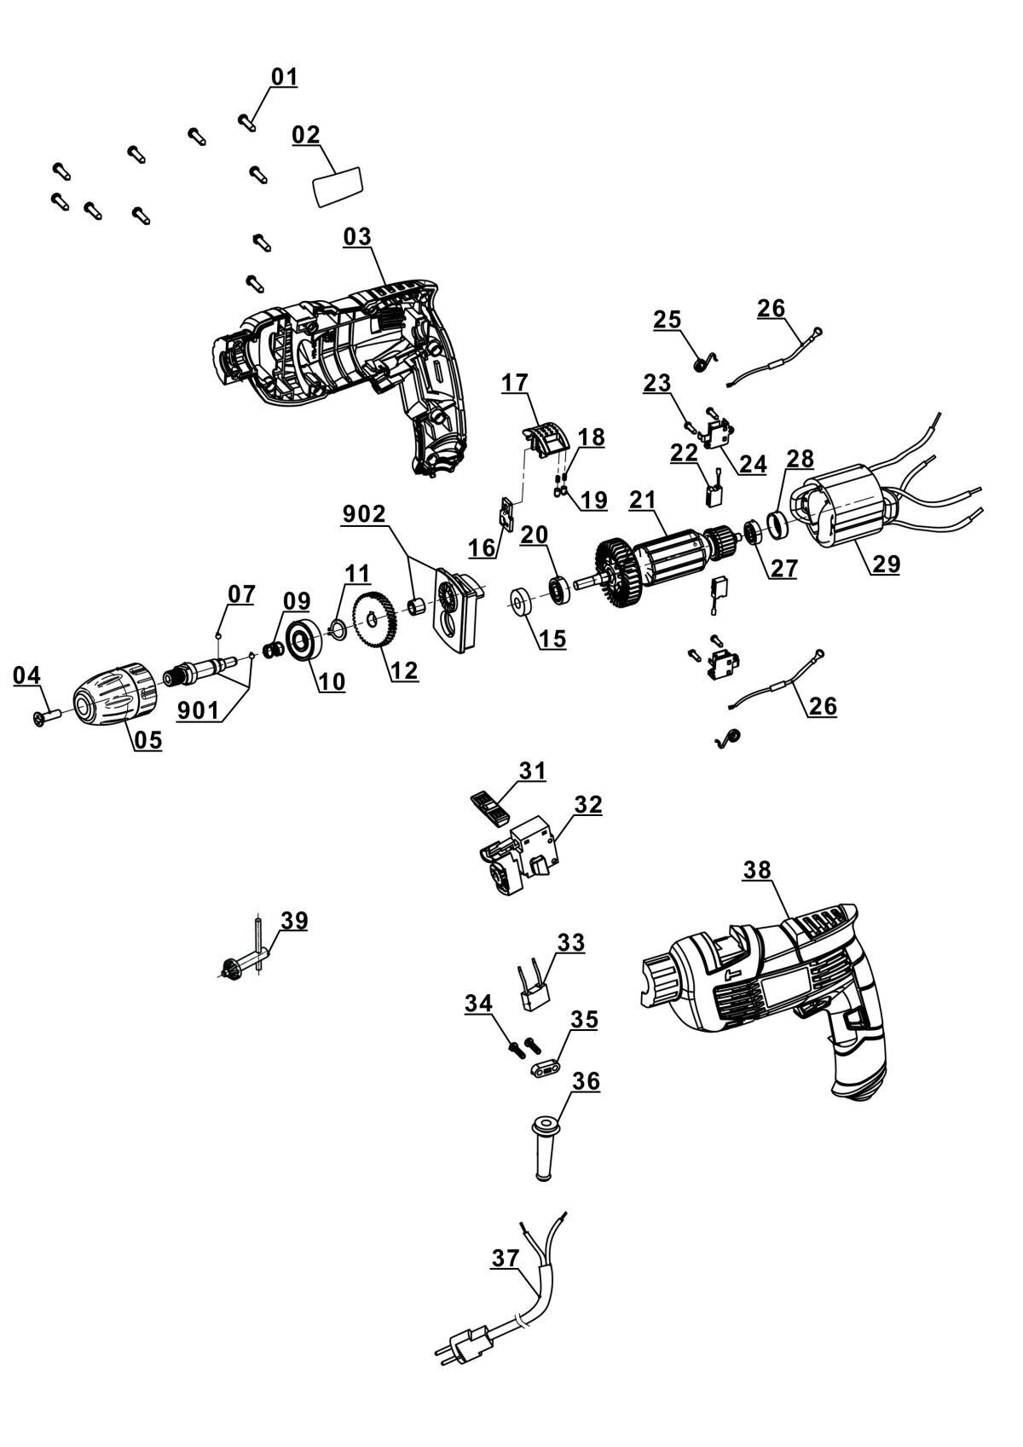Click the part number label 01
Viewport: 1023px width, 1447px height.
tap(284, 77)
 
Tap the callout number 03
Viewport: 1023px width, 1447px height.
tap(357, 236)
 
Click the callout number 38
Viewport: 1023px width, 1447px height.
tap(758, 870)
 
